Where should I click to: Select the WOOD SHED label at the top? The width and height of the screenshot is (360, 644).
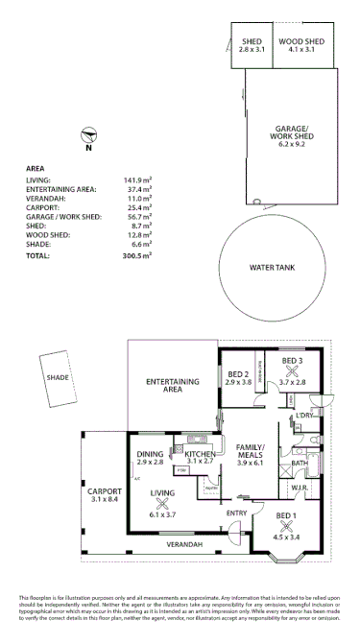(300, 43)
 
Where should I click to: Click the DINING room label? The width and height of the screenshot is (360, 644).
(150, 454)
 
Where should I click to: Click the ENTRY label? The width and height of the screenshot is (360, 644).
(236, 513)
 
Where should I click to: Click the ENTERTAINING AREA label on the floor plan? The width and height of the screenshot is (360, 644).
(172, 386)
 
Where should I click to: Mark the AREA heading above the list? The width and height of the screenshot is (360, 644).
(36, 167)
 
